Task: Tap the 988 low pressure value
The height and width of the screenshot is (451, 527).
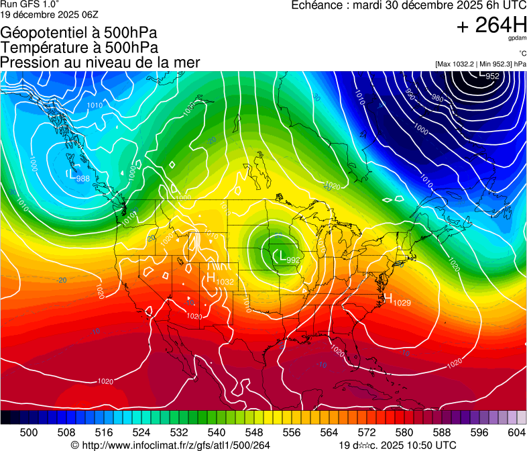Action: (x=83, y=179)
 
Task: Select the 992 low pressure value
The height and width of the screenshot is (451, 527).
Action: (x=293, y=260)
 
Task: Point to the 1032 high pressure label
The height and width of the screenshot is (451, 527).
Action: (x=225, y=282)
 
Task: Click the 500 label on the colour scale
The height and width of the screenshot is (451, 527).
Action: (x=29, y=433)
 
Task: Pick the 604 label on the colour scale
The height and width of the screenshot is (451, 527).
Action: (x=516, y=433)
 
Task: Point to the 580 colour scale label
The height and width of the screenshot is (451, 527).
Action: (x=404, y=433)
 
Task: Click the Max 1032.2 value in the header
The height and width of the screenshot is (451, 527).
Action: (x=456, y=64)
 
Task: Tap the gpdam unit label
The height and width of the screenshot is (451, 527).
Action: (x=517, y=39)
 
